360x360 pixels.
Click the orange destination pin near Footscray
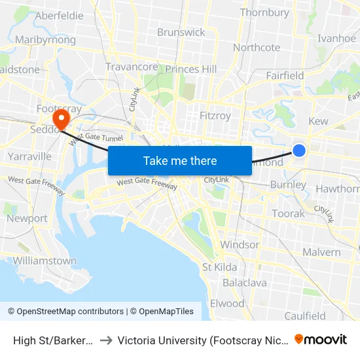[61, 118]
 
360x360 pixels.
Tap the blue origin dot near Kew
[298, 151]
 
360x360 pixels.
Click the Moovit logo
[321, 339]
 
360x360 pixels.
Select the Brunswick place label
[181, 32]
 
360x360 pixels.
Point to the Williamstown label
[45, 261]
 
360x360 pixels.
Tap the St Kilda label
[220, 267]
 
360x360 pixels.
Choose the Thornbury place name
[264, 12]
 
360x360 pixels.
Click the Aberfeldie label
[60, 16]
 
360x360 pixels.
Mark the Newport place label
[27, 218]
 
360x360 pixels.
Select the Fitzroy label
[215, 116]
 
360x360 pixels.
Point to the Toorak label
[288, 213]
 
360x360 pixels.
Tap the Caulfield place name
[305, 316]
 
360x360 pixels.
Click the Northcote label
[257, 47]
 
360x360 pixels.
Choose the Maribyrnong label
[45, 40]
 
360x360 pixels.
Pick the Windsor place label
[240, 245]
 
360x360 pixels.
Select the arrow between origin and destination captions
[106, 340]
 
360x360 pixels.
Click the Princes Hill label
[190, 69]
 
